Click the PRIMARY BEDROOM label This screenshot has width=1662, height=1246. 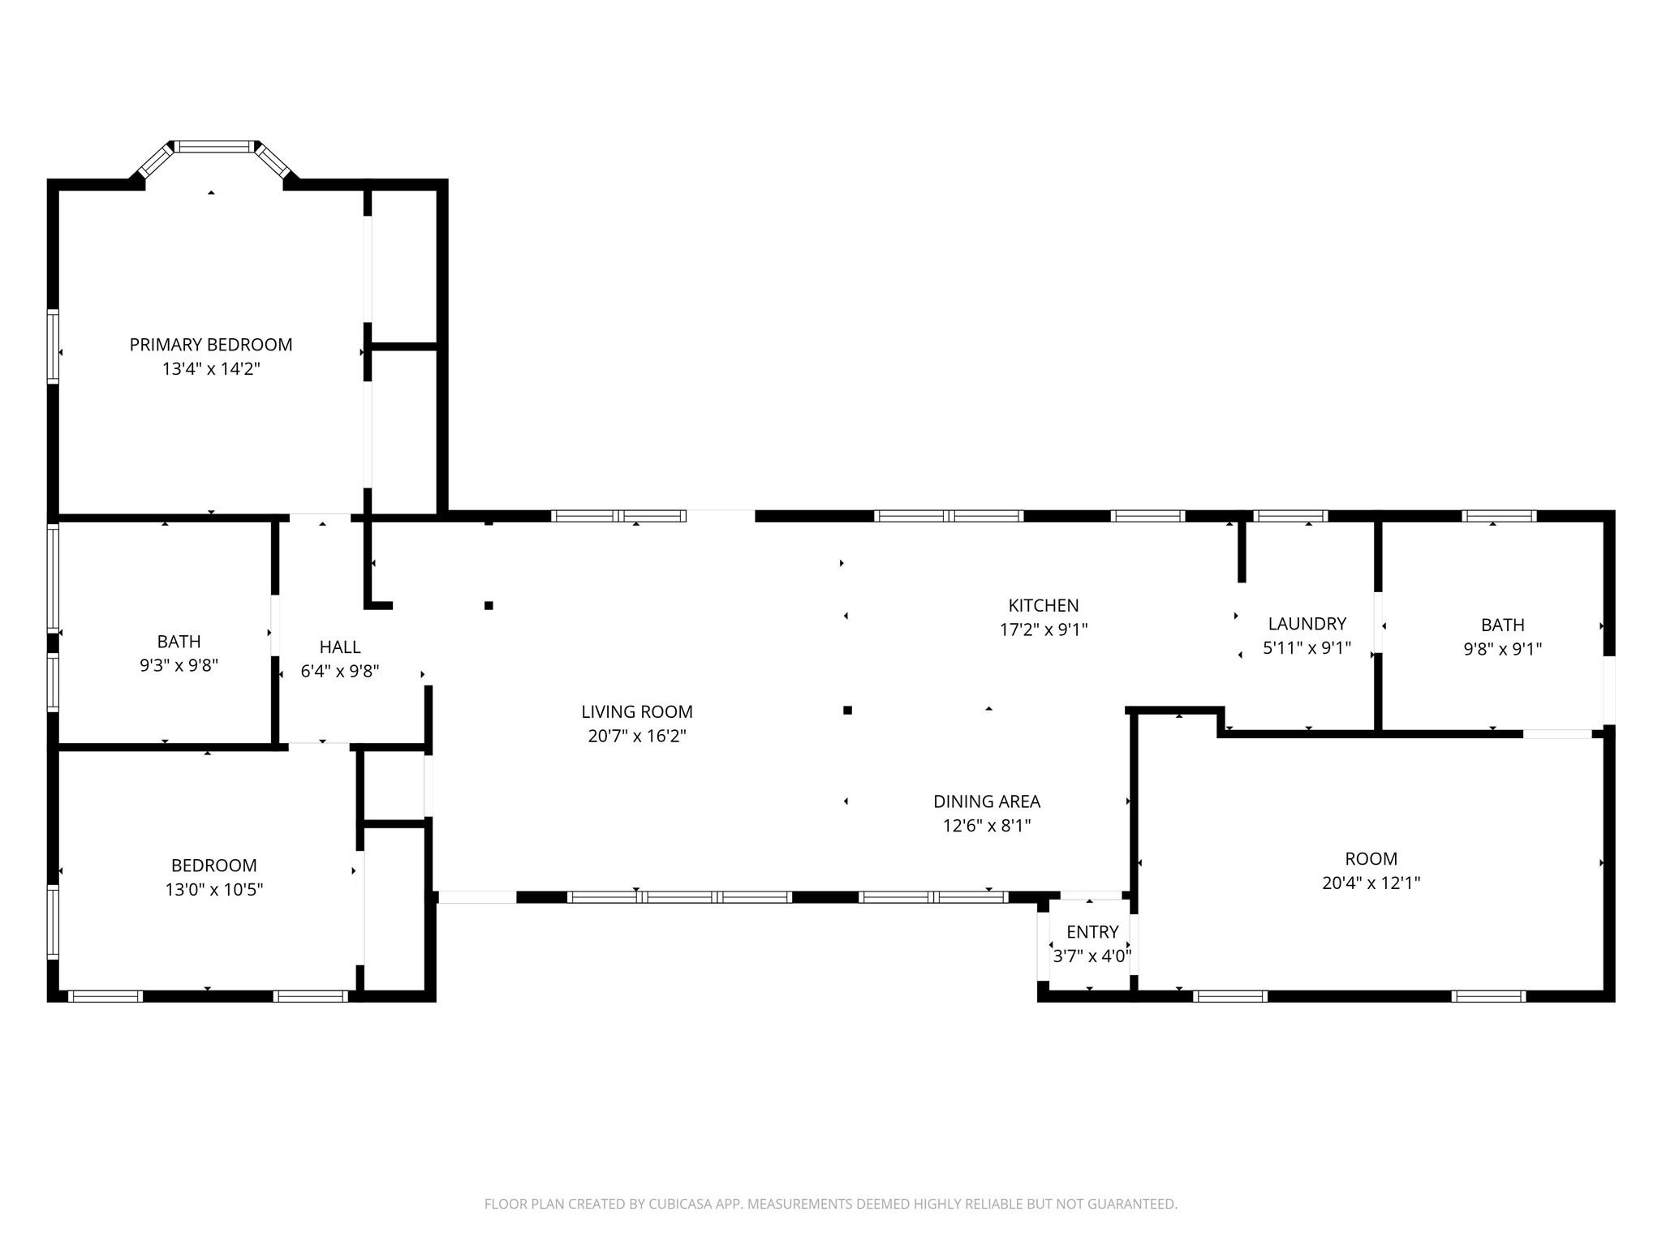point(211,345)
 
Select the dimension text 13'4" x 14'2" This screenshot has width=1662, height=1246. point(211,369)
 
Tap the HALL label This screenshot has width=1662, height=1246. point(340,647)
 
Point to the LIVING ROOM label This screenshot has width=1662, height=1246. point(637,712)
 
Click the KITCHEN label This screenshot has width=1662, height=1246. point(1044,605)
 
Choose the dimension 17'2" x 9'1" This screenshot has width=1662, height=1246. point(1044,629)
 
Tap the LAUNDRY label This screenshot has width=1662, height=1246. point(1307,624)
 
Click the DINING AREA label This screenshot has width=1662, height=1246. point(987,801)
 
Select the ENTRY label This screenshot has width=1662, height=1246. point(1092,932)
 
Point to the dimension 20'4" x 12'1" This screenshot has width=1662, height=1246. point(1371,883)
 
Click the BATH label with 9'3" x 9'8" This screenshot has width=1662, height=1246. point(179,642)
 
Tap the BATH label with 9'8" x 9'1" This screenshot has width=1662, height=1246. point(1502,625)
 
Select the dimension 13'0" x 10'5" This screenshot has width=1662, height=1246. point(214,890)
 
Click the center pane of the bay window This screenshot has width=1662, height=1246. point(215,147)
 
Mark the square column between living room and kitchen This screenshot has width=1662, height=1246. point(847,711)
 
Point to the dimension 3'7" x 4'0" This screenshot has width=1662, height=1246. point(1092,956)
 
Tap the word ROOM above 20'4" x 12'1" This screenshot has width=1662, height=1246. point(1371,859)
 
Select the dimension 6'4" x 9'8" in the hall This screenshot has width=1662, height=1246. point(340,672)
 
